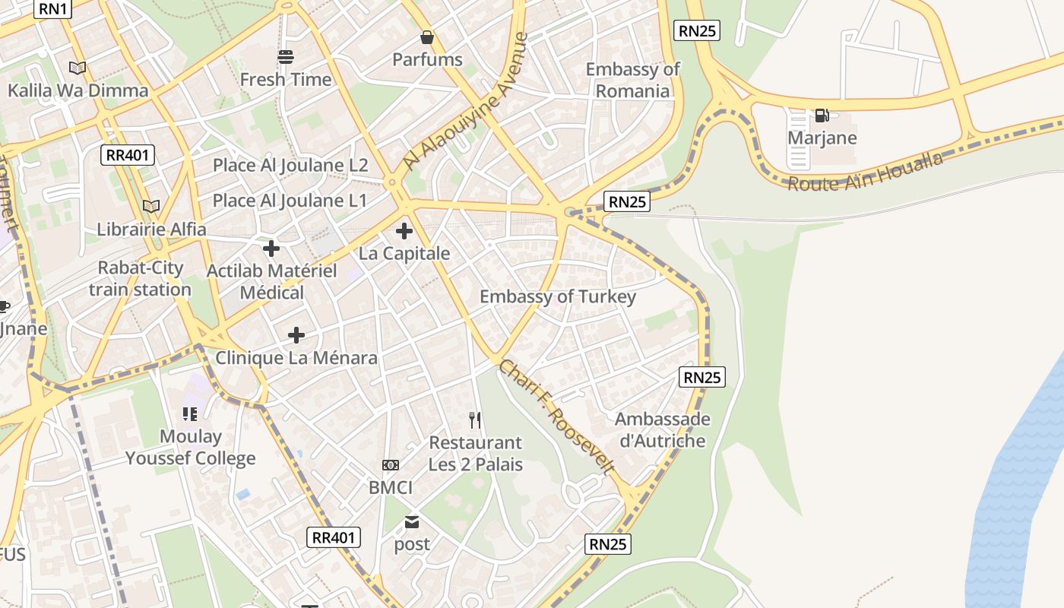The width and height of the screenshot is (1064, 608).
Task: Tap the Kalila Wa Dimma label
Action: point(78,90)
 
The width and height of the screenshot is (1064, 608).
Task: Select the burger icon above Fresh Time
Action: point(286,57)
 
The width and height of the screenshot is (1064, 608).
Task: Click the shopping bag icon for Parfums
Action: point(427,37)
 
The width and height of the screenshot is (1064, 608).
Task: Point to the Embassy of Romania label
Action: point(632,80)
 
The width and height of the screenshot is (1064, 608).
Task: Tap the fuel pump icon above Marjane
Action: point(822,116)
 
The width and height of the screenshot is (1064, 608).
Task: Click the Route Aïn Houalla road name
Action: point(865,172)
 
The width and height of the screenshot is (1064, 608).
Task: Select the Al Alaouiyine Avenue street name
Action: point(466,100)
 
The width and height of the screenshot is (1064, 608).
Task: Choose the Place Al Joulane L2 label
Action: point(290,165)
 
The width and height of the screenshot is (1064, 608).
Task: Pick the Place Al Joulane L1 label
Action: point(290,201)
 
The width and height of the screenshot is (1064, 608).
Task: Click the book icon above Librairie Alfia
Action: point(151,206)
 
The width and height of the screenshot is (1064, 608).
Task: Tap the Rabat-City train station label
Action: point(140,278)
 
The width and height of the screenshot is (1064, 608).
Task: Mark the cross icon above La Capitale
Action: point(404,231)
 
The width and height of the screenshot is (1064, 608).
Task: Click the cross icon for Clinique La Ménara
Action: point(296,335)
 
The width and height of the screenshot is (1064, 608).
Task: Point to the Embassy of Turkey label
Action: point(557,296)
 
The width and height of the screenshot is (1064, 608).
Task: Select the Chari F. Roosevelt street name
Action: point(556,417)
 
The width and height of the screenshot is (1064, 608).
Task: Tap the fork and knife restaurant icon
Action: point(475,420)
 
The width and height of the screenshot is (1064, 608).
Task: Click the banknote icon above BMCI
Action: point(390,465)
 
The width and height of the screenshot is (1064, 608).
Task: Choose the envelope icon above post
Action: point(411,522)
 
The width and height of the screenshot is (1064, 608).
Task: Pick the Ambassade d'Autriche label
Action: point(662,429)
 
